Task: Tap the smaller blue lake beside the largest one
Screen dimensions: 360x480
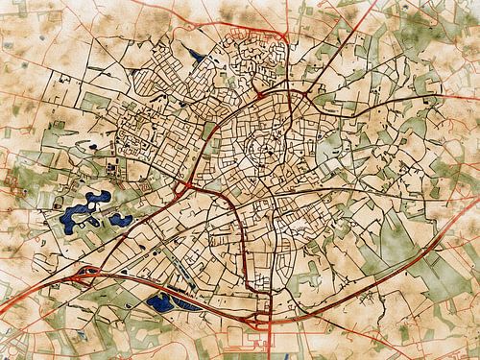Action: pyautogui.click(x=120, y=219)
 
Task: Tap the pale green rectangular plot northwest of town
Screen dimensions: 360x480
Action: pyautogui.click(x=96, y=101)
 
